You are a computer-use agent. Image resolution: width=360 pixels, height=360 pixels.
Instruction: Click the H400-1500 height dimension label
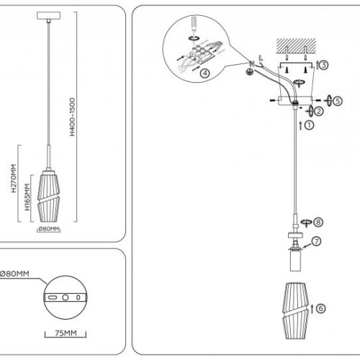click(72, 117)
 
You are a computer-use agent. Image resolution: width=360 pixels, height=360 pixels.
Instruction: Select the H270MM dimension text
click(14, 179)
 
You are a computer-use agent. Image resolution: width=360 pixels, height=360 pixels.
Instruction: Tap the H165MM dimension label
click(27, 197)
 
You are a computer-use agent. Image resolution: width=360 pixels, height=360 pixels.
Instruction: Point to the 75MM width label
click(66, 333)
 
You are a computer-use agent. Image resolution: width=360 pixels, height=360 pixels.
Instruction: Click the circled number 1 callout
click(309, 125)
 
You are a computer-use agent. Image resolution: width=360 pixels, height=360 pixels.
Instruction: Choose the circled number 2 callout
click(319, 111)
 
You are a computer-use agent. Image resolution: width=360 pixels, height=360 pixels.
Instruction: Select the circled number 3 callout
click(324, 65)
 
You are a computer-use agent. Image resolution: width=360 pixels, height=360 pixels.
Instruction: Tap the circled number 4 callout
click(204, 73)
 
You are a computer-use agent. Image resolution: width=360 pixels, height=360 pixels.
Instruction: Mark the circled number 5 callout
click(338, 101)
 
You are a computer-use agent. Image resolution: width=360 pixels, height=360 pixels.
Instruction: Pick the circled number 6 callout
click(321, 308)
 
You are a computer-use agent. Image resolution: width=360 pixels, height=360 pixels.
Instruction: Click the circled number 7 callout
click(317, 241)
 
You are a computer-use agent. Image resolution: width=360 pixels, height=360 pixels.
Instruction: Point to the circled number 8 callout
click(318, 222)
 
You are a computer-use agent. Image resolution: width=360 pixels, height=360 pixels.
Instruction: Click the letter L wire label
click(261, 58)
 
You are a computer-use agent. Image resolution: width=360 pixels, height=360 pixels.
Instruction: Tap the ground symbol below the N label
click(250, 72)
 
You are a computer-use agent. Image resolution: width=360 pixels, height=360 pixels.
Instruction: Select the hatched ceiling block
click(296, 45)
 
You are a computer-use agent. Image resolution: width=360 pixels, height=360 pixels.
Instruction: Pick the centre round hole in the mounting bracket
click(66, 297)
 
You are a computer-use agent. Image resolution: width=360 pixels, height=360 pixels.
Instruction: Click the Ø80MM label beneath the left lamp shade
click(49, 229)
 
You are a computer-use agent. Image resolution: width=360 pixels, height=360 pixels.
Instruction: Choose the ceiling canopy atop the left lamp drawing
click(48, 16)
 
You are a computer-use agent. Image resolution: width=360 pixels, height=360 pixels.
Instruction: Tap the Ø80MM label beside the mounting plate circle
click(14, 274)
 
